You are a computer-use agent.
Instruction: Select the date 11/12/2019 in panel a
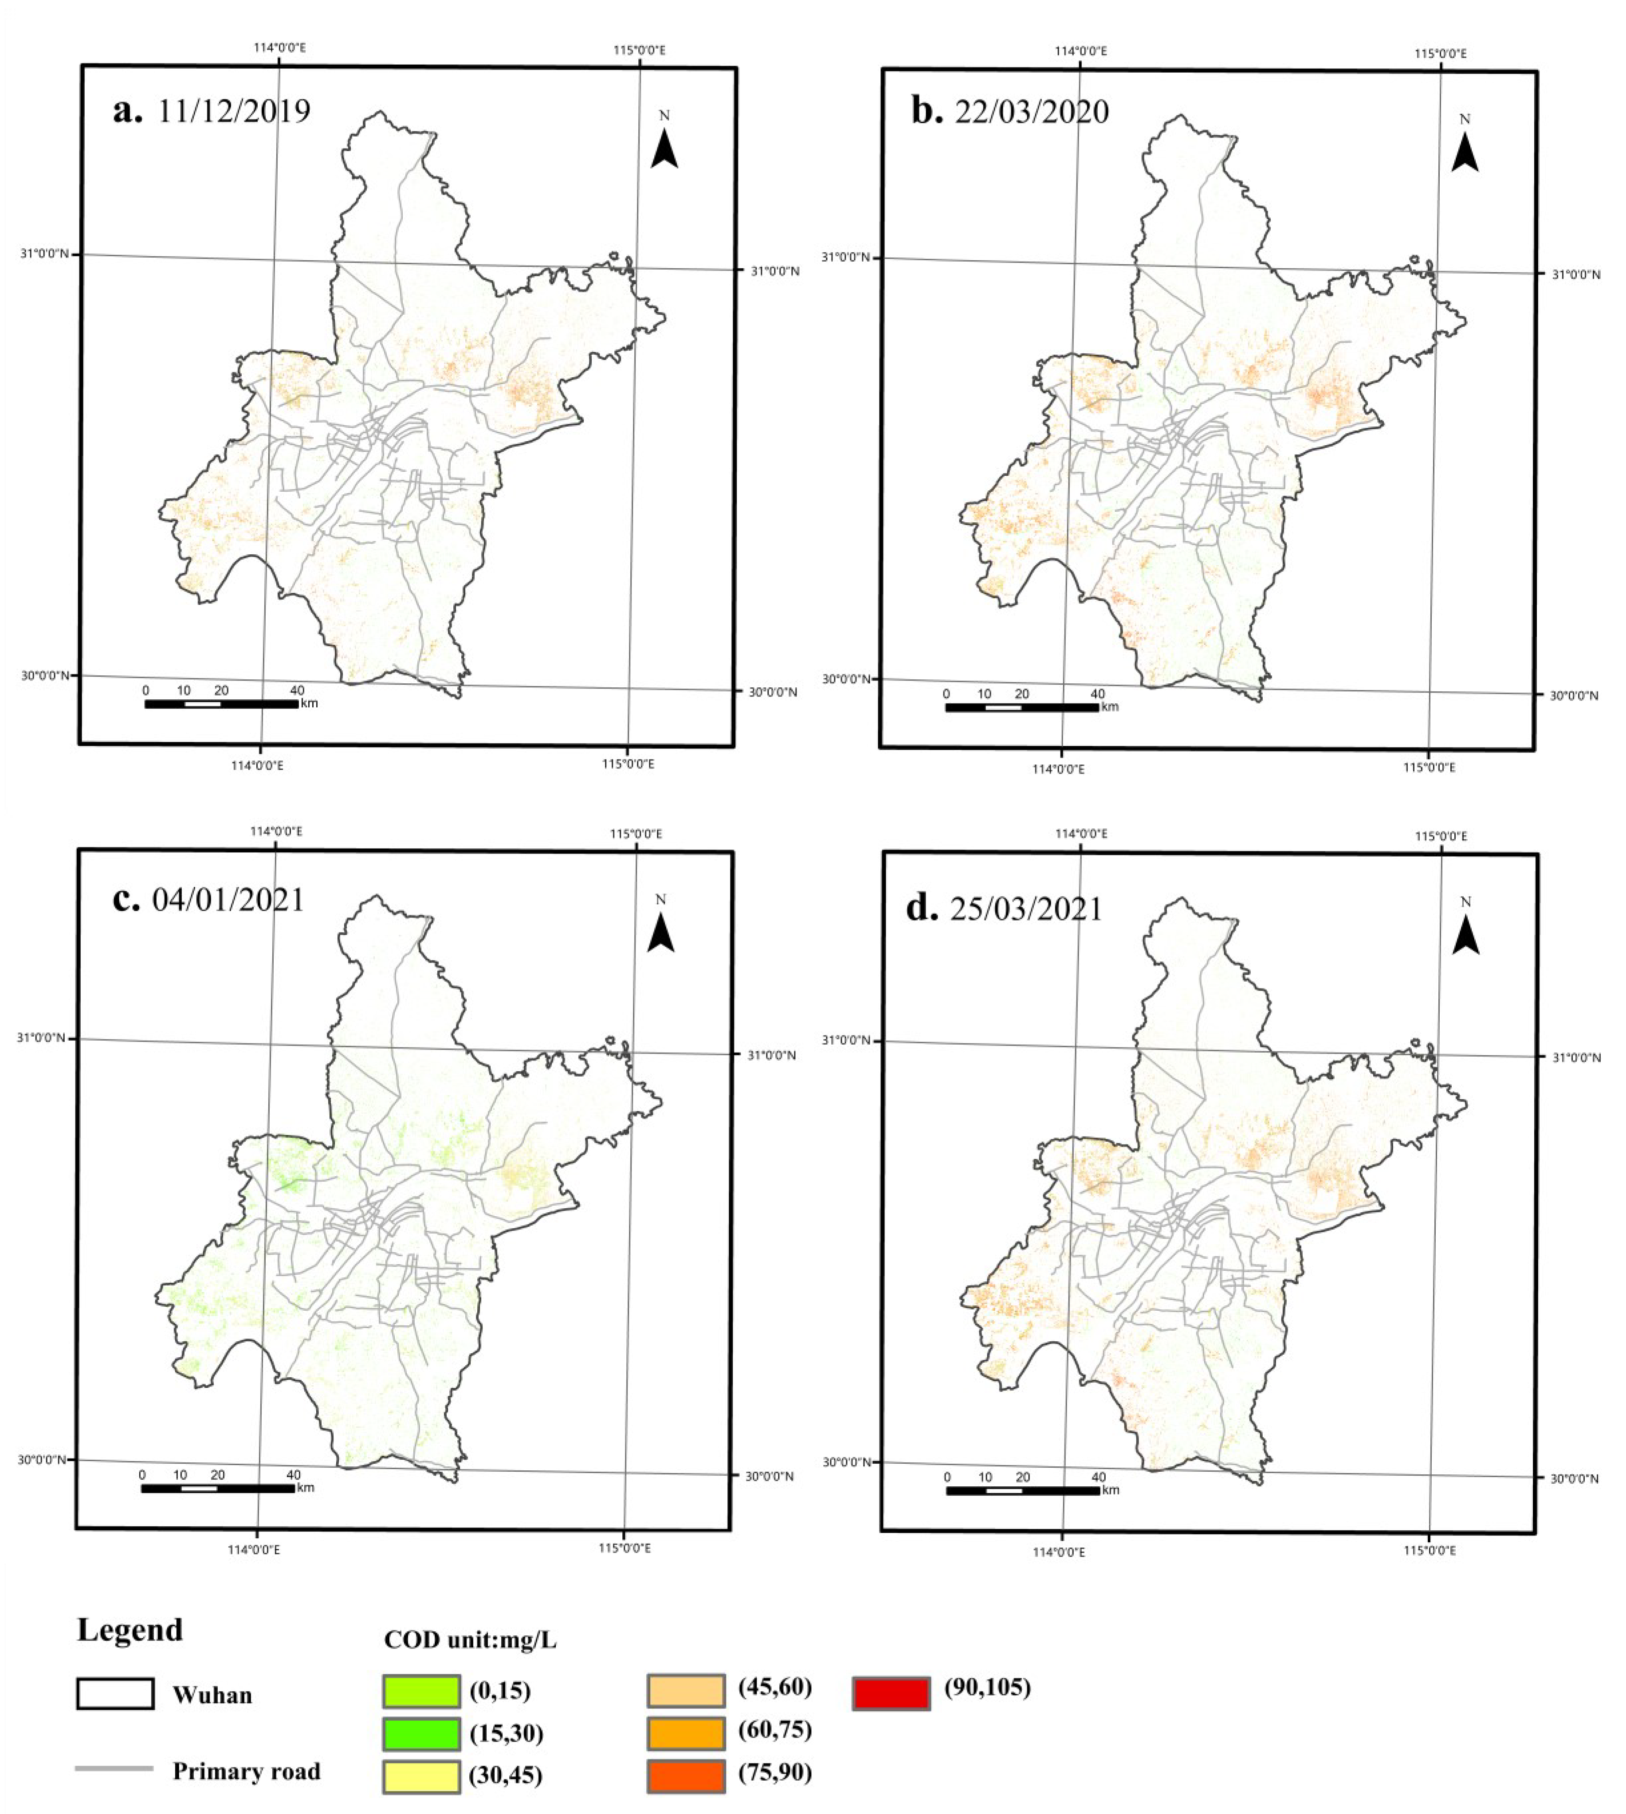tap(234, 112)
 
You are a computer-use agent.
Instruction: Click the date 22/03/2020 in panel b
tap(1032, 112)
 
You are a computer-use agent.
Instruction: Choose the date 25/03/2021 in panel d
tap(1025, 909)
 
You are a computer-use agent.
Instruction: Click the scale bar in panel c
tap(218, 1488)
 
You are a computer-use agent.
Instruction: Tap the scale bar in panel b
tap(1022, 707)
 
